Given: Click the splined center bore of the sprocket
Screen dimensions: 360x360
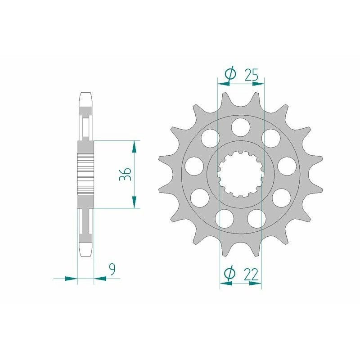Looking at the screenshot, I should coord(240,174).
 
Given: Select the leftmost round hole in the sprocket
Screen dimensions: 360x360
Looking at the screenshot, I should coord(193,165).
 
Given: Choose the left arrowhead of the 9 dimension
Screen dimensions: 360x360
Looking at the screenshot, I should coord(71,279).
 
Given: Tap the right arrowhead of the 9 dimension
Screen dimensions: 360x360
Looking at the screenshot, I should coord(100,279).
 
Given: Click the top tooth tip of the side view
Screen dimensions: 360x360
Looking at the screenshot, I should coord(86,95).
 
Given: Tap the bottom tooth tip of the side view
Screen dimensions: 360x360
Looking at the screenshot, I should coord(86,253).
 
